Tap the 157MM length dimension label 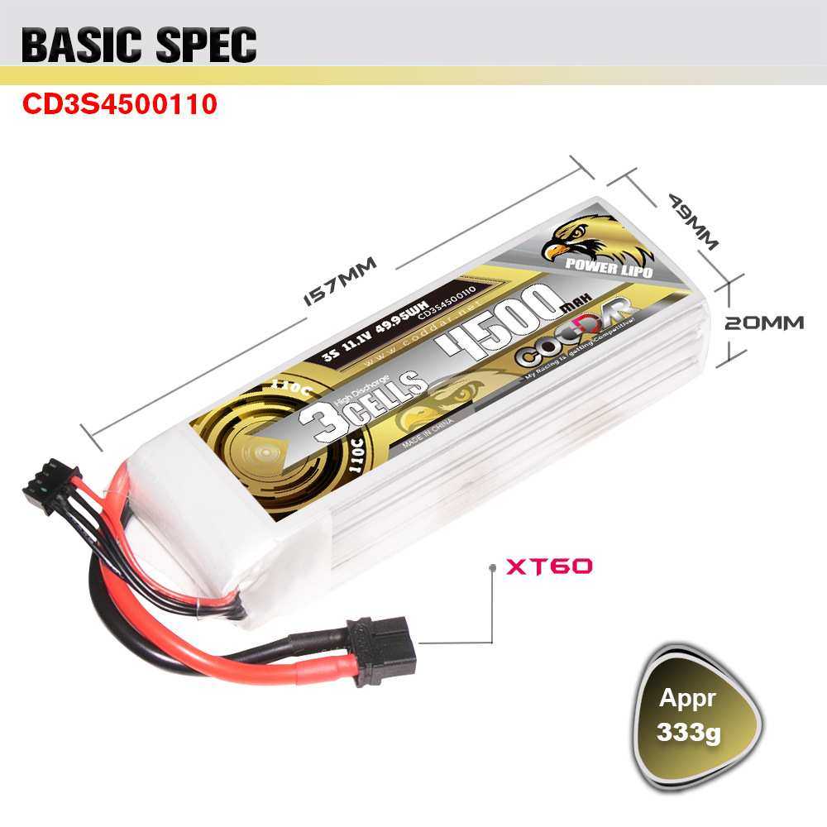339,281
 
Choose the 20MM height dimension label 763,323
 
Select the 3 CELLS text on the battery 364,398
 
